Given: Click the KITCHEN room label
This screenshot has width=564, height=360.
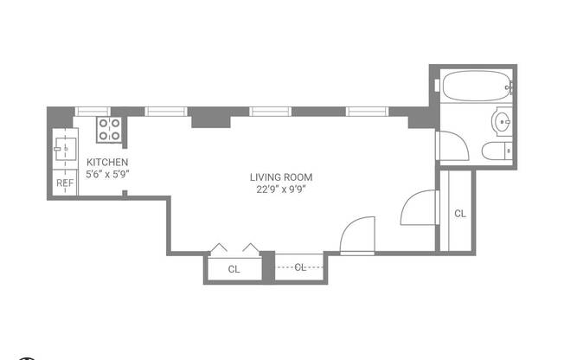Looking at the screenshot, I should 107,162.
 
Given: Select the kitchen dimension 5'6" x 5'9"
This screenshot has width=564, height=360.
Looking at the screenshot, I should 107,173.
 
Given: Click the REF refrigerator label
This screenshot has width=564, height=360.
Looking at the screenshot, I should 65,183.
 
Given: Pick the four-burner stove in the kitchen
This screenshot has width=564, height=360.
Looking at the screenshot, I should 109,129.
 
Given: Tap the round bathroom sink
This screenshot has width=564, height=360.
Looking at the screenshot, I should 503,122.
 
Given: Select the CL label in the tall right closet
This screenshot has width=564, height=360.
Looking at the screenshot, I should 459,213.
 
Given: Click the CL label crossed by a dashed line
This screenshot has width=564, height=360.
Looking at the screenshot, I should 300,267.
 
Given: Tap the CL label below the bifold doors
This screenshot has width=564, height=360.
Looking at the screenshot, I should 234,269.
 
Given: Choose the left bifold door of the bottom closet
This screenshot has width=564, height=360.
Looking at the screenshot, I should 220,247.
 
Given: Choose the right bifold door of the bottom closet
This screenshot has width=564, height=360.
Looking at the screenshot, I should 251,247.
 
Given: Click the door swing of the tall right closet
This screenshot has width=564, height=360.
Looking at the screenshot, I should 418,208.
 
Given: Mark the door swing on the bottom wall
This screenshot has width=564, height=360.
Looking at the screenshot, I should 358,236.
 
